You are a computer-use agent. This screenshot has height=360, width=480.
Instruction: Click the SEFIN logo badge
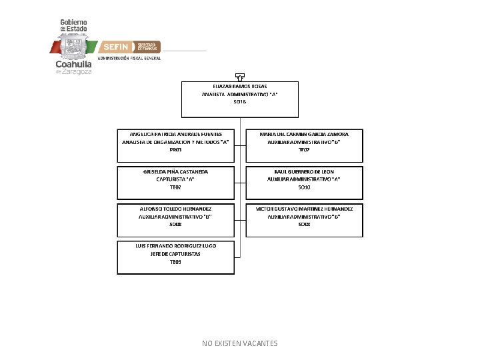115,47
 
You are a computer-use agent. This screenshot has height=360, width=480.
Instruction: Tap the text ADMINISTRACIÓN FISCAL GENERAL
130,59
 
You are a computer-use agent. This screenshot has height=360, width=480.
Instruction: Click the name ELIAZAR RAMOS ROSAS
240,87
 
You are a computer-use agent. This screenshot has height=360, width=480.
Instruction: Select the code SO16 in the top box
240,102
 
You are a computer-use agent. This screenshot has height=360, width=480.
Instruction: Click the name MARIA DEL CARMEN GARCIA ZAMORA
304,134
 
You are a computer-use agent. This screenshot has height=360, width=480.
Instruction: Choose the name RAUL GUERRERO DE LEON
304,172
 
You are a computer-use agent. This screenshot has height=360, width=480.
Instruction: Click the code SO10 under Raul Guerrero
304,187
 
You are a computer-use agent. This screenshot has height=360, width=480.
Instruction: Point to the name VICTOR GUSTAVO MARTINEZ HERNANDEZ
304,209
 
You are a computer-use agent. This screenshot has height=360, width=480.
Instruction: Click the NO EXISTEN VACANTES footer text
240,343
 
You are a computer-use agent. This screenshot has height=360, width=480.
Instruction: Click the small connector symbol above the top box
240,77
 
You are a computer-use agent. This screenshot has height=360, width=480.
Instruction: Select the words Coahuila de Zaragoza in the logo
73,67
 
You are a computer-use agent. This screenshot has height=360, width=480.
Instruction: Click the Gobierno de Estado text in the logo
75,25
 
